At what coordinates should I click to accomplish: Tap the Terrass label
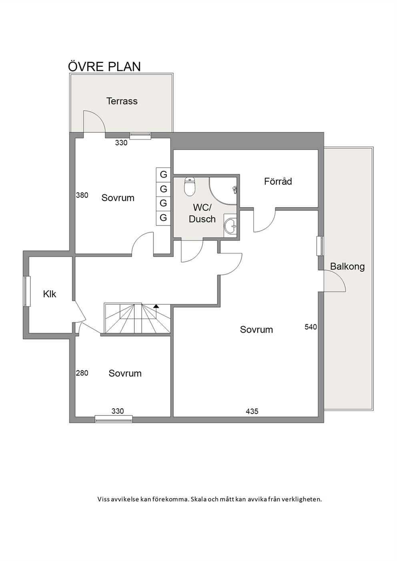(x=122, y=101)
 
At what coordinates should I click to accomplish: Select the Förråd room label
(x=278, y=181)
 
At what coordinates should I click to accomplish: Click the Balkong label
(x=347, y=266)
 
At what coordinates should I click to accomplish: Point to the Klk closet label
(x=50, y=294)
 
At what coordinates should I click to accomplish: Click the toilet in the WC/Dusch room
(x=189, y=187)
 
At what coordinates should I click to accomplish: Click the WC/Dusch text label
(x=202, y=213)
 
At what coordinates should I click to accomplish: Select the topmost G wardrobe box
(x=163, y=174)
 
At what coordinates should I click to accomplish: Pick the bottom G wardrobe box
(x=163, y=218)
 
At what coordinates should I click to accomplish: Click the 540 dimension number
(x=311, y=327)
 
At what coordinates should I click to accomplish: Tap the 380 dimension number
(x=82, y=195)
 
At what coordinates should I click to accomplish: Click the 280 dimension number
(x=82, y=373)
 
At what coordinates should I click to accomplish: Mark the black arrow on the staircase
(x=156, y=306)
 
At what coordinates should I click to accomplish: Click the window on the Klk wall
(x=27, y=291)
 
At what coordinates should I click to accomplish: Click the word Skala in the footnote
(x=198, y=499)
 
